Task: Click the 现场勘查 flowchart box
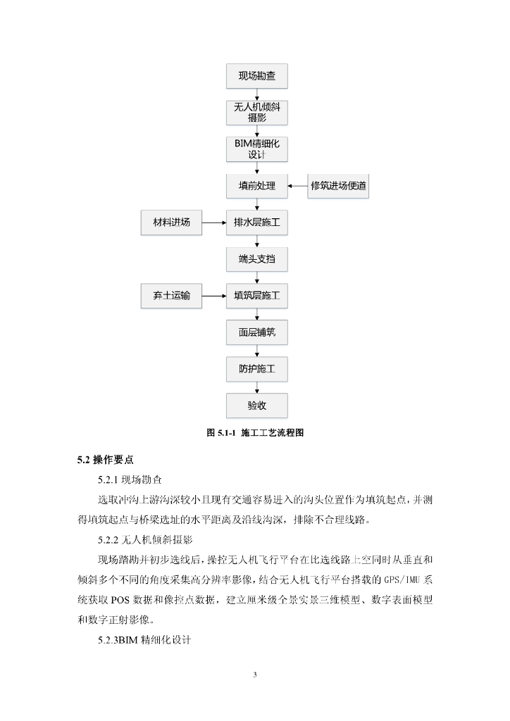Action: tap(256, 76)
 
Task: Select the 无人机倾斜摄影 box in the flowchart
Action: tap(256, 113)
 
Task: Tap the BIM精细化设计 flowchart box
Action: tap(256, 149)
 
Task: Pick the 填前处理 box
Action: tap(256, 187)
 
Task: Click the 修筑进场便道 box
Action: tap(339, 187)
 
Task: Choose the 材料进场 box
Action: tap(171, 223)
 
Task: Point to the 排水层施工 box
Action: tap(256, 223)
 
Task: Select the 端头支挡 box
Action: tap(256, 260)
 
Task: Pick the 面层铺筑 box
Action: tap(256, 332)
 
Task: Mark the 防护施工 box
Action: tap(256, 369)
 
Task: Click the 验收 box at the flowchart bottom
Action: tap(256, 406)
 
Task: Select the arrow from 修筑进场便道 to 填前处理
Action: tap(297, 187)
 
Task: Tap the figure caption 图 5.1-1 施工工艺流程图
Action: tap(254, 433)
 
